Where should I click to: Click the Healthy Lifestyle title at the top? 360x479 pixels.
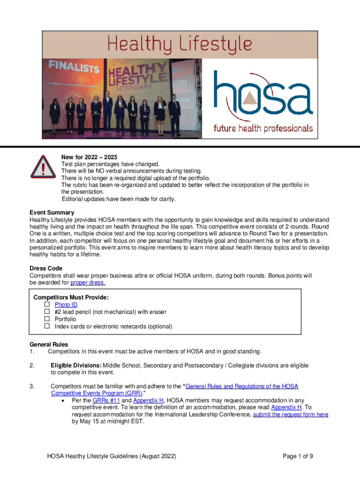[180, 45]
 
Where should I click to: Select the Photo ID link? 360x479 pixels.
[66, 305]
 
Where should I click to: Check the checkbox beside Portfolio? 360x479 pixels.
[47, 319]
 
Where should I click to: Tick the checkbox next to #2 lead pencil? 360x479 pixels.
[47, 312]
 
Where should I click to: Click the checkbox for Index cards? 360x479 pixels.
[47, 327]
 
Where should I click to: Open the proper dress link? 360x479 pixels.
[87, 283]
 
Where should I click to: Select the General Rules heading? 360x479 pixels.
[49, 345]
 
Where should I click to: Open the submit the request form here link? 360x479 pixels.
[290, 414]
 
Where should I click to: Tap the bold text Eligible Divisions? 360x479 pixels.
[76, 365]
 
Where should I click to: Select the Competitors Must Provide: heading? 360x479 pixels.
[71, 298]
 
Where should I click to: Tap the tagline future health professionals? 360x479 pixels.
[263, 128]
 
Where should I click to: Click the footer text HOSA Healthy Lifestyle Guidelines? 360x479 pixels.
[111, 457]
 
